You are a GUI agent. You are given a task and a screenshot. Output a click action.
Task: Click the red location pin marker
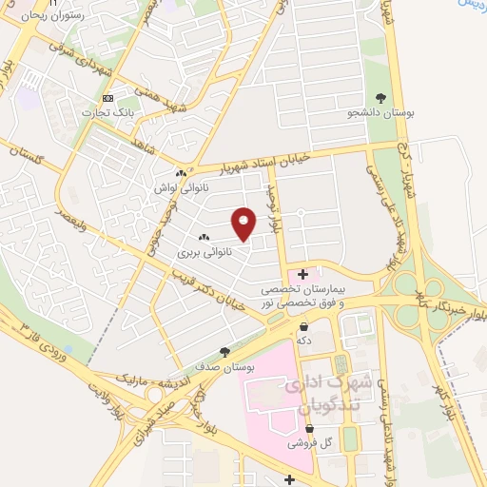pos(244,222)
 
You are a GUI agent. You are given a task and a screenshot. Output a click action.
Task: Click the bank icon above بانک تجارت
pos(107,98)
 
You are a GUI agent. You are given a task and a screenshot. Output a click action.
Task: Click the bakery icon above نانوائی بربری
pos(203,237)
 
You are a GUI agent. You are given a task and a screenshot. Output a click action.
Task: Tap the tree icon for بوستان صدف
pos(224,351)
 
